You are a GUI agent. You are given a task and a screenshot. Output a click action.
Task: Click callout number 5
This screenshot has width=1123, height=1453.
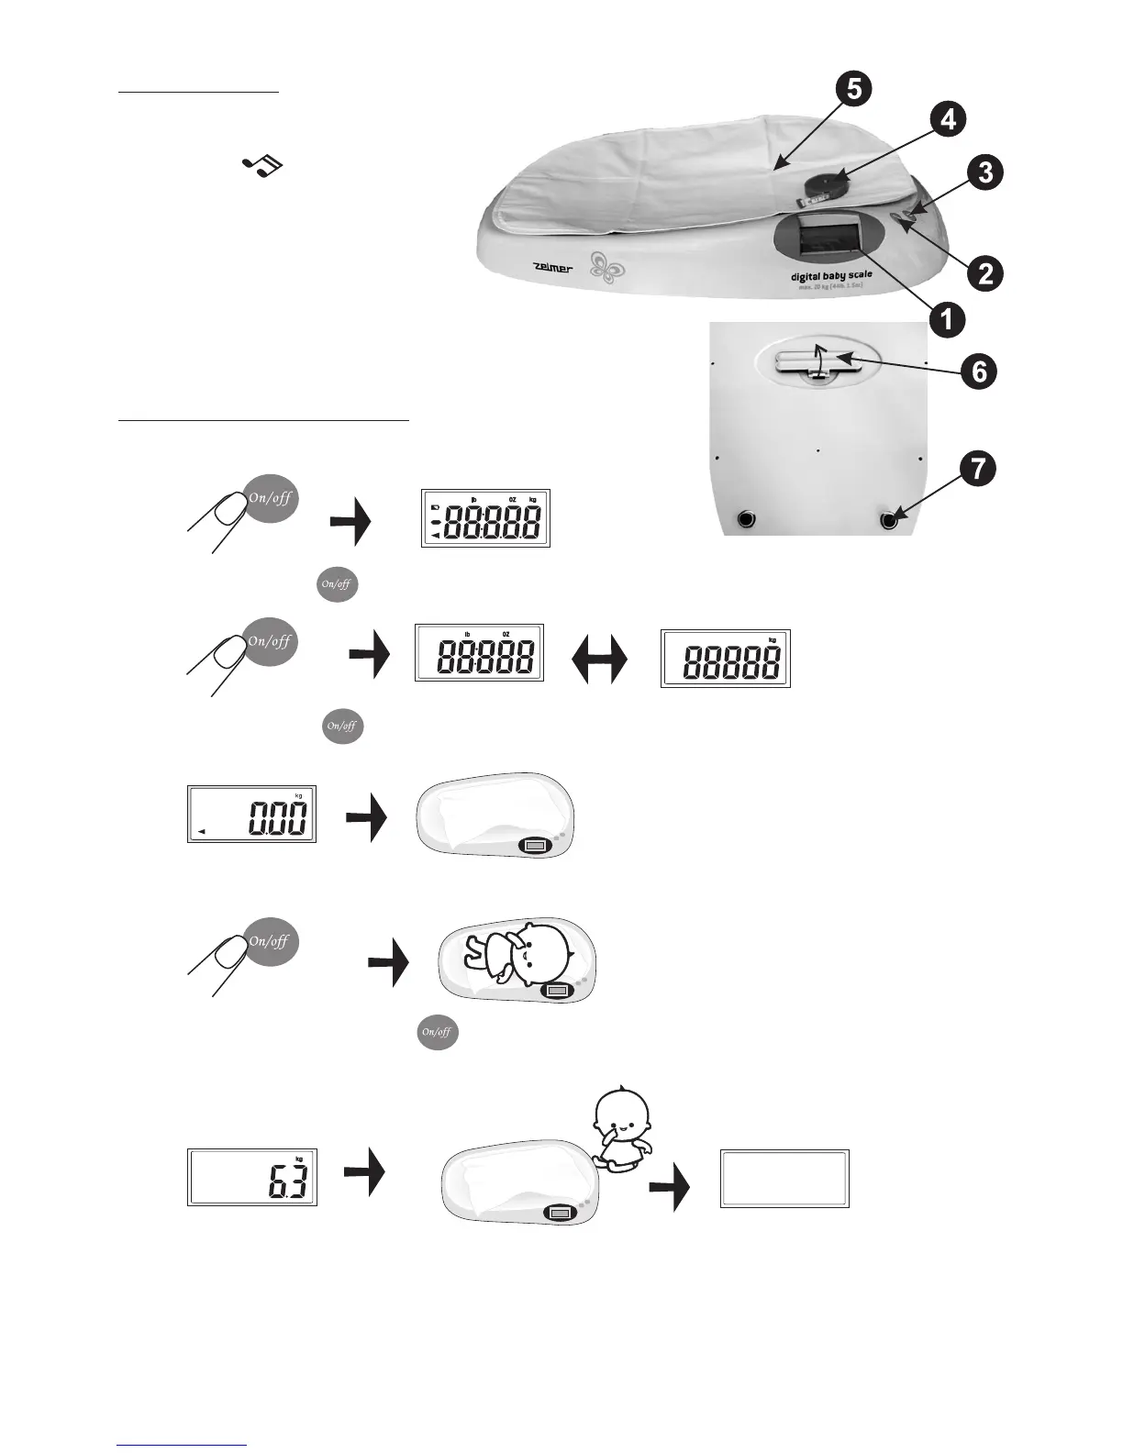(853, 90)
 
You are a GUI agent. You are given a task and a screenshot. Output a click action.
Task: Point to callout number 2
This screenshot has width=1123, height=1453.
(984, 272)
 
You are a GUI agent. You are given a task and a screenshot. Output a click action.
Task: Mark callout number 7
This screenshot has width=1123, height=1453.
(978, 469)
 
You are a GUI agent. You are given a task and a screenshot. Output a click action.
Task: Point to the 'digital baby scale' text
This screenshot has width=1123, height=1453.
(831, 274)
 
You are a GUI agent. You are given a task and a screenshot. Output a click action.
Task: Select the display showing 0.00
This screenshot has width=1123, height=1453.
(251, 815)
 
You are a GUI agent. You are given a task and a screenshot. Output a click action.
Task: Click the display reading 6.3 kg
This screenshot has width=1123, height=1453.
(252, 1177)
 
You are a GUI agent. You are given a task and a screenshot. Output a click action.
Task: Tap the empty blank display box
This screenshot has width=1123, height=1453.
(784, 1178)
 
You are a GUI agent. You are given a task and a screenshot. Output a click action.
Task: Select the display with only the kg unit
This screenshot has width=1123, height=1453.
(725, 659)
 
